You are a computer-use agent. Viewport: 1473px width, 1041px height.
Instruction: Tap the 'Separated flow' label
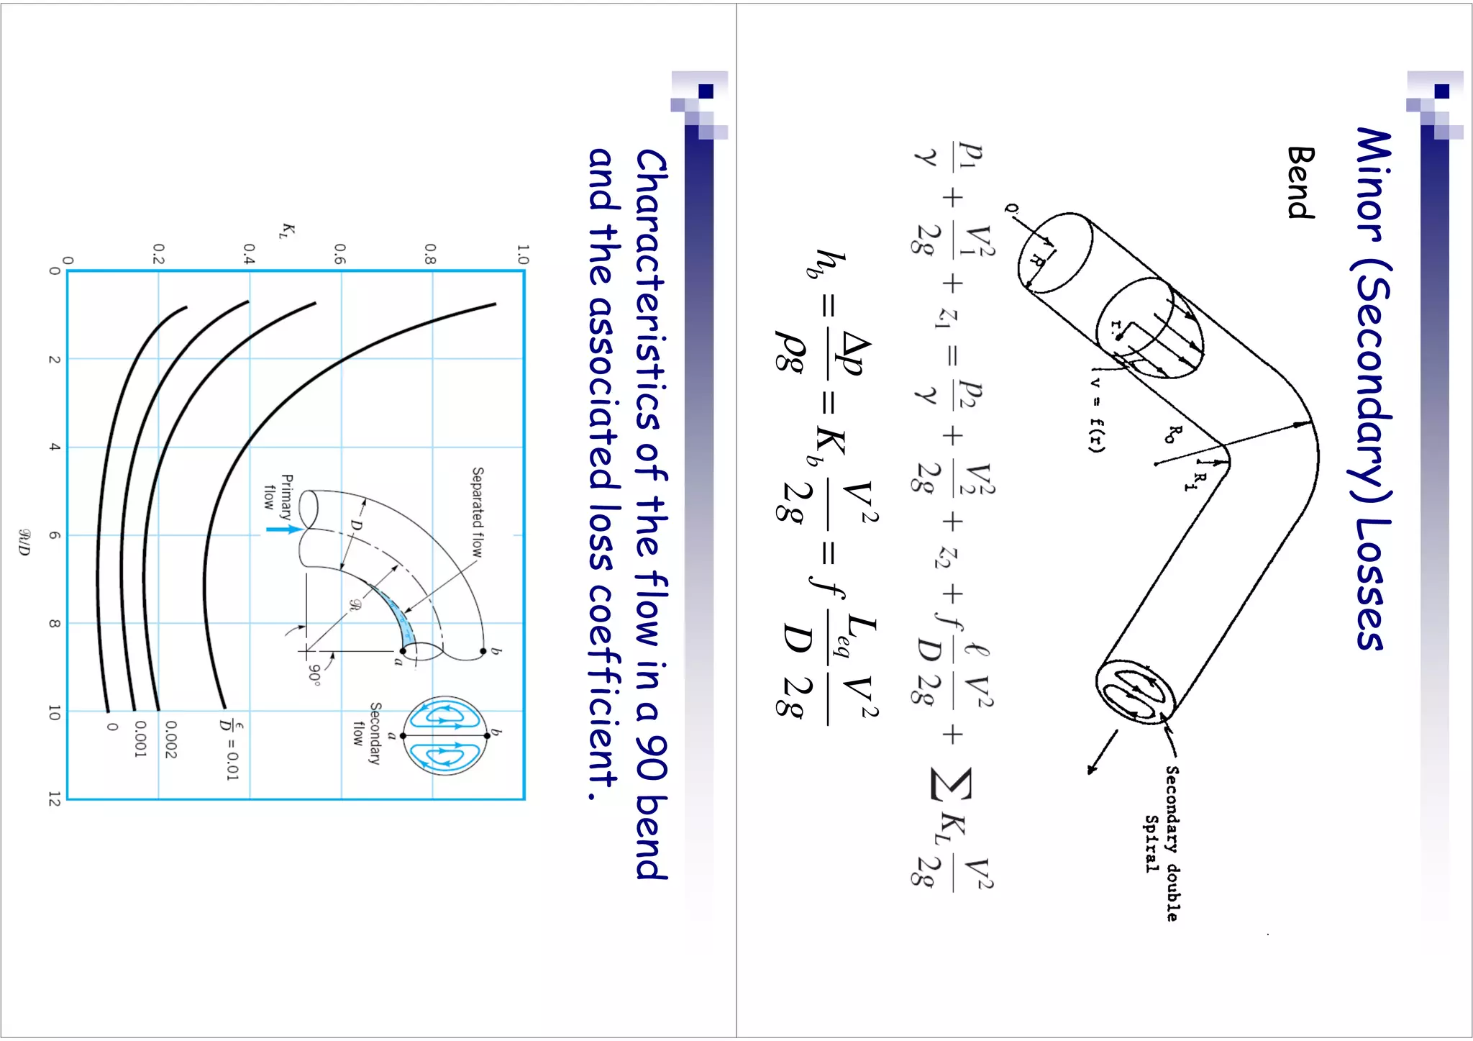(478, 512)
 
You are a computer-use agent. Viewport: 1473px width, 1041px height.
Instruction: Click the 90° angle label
(314, 673)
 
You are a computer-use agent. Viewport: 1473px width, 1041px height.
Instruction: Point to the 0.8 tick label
(430, 254)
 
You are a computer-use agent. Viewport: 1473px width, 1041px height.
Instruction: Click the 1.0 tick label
(523, 254)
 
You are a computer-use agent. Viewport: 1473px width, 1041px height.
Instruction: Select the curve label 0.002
(170, 740)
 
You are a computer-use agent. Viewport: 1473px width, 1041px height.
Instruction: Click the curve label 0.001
(140, 740)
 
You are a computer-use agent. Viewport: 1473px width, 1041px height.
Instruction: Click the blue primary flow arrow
(283, 529)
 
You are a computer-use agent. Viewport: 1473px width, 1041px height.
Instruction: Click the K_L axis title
(288, 230)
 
